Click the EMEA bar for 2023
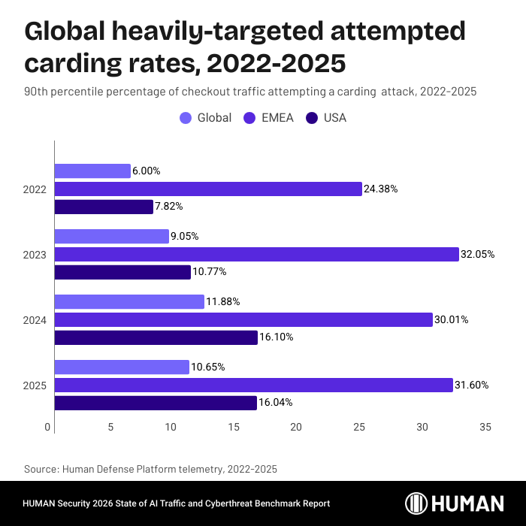coord(256,254)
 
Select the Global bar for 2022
coord(92,171)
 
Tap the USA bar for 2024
coord(156,337)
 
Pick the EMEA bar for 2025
coord(253,385)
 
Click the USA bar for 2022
coord(104,207)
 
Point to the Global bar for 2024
coord(129,302)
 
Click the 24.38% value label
coord(381,189)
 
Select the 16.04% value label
coord(277,403)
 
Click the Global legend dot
coord(186,118)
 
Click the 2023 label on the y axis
coord(35,255)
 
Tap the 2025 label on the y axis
coord(35,385)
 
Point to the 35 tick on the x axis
coord(485,427)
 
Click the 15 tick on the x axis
coord(234,427)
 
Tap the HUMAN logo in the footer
coord(455,503)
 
